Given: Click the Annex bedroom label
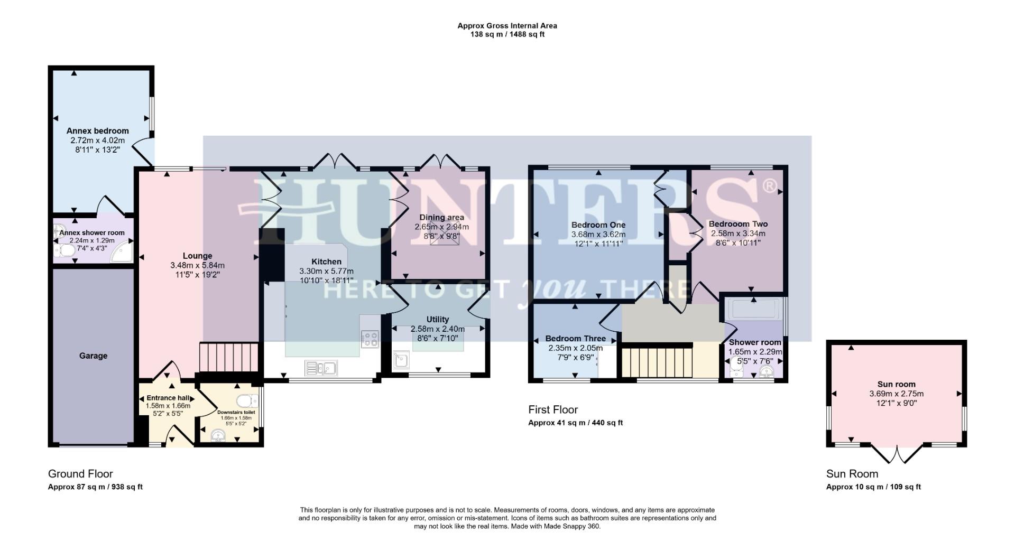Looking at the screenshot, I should (97, 130).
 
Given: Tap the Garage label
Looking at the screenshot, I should (93, 356).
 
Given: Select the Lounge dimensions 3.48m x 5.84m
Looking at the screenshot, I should (197, 265).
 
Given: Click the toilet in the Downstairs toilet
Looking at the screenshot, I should (245, 400).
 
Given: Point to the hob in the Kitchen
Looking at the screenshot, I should (370, 339).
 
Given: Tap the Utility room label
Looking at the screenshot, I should (437, 319).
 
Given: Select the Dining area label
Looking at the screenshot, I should (441, 217).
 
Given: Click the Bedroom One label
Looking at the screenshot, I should (598, 225).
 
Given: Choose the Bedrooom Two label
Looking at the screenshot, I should (738, 223).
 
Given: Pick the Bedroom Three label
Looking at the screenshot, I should (575, 338).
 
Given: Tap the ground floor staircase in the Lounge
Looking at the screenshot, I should (228, 358).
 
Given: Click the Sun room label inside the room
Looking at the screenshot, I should (896, 384).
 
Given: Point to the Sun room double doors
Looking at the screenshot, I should (897, 454).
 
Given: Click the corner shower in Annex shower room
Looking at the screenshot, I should (122, 252).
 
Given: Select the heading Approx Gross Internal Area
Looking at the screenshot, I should (507, 25).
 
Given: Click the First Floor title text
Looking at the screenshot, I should (553, 409).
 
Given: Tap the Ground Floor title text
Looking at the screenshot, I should (80, 473).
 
